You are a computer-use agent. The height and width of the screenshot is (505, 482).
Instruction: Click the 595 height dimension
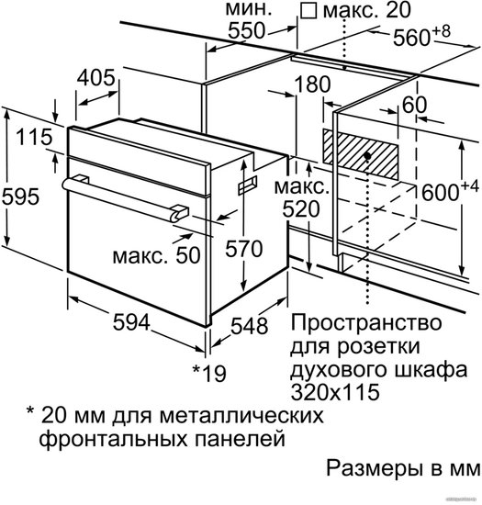pyautogui.click(x=20, y=196)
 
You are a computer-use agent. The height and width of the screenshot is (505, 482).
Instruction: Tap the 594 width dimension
pyautogui.click(x=131, y=322)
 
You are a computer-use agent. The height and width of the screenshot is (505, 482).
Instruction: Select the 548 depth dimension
pyautogui.click(x=250, y=325)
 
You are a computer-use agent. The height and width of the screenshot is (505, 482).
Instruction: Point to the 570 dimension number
pyautogui.click(x=243, y=249)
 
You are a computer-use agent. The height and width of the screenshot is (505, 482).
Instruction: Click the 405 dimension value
pyautogui.click(x=96, y=78)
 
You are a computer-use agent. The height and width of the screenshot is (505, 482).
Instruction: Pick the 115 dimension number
pyautogui.click(x=34, y=137)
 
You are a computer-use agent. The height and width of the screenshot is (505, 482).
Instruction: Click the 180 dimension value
pyautogui.click(x=312, y=84)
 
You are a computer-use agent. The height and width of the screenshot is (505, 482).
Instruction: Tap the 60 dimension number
pyautogui.click(x=414, y=105)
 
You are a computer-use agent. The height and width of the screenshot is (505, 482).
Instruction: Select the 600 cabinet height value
pyautogui.click(x=440, y=193)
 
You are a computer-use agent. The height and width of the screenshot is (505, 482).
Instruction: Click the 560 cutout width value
pyautogui.click(x=411, y=38)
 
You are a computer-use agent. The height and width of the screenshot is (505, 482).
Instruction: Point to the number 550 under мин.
pyautogui.click(x=247, y=31)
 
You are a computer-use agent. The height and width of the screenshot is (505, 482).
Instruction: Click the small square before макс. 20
pyautogui.click(x=308, y=11)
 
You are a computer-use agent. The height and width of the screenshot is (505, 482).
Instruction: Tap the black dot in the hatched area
pyautogui.click(x=367, y=156)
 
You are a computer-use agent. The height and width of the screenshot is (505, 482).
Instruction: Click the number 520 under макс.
pyautogui.click(x=301, y=209)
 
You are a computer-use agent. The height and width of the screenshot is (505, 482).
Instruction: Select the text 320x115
pyautogui.click(x=335, y=392)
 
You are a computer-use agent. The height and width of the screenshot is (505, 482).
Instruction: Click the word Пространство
pyautogui.click(x=366, y=323)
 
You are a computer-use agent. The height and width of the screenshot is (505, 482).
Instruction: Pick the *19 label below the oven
pyautogui.click(x=209, y=374)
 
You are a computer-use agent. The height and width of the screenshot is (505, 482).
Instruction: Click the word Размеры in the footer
pyautogui.click(x=375, y=469)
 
